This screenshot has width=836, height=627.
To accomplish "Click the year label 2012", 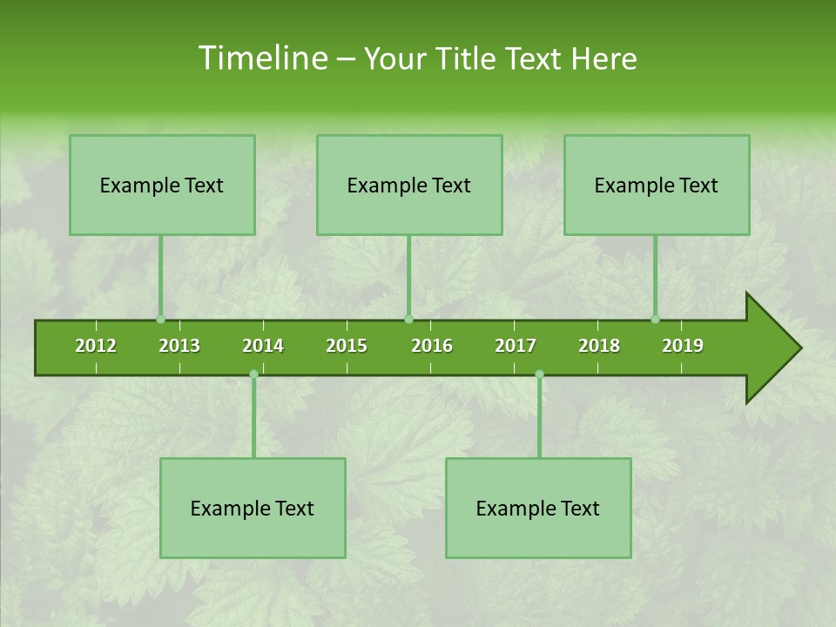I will tap(96, 346).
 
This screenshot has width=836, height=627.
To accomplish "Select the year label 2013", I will tap(179, 346).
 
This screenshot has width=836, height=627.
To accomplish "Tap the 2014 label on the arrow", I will tap(263, 346).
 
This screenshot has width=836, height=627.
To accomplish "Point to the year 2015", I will tap(347, 346).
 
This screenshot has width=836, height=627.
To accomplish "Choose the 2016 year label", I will tap(432, 346).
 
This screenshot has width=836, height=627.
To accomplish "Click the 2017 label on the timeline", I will tap(516, 346).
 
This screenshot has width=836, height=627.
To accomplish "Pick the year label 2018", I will tap(599, 346).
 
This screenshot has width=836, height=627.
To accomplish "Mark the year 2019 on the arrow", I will tap(683, 346).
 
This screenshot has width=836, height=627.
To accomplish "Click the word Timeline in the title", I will tap(262, 58).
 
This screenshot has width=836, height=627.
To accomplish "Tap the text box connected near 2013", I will tap(162, 185).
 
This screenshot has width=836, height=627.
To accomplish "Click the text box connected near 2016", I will tap(409, 185).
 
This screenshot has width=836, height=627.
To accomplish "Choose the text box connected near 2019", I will tap(657, 185).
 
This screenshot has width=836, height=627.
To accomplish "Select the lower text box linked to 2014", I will tap(253, 508).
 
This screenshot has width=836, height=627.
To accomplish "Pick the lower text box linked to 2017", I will tap(538, 508).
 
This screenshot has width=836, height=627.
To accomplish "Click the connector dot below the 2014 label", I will tap(253, 374).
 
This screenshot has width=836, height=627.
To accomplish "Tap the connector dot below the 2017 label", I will tap(539, 374).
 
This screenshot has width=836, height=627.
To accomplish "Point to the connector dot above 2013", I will tap(160, 319).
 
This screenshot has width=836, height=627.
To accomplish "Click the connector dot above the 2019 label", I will tap(655, 319).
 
